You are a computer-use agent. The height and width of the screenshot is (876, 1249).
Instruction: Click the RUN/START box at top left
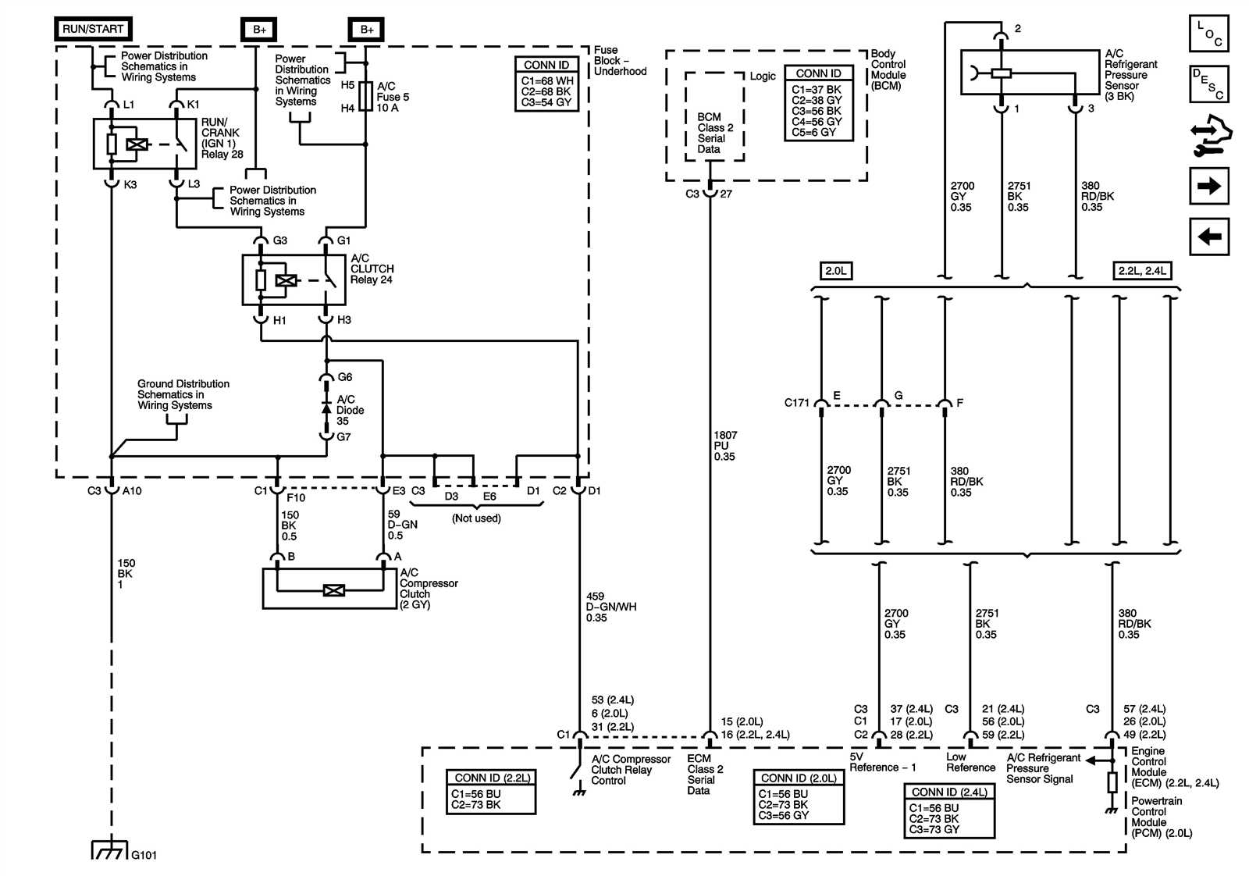(93, 29)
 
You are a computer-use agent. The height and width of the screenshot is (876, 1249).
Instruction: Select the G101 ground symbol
(110, 849)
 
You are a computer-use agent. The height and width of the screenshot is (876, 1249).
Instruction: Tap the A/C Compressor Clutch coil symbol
(333, 590)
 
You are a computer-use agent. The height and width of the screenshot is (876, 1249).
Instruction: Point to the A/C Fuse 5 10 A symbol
(365, 97)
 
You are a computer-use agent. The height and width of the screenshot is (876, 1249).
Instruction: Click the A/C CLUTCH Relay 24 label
(372, 269)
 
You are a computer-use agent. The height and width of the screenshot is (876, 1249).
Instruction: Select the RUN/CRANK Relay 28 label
(222, 138)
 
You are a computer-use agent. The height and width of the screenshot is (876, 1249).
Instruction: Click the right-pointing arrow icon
(1208, 186)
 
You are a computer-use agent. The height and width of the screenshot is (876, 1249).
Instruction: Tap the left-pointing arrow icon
(1208, 236)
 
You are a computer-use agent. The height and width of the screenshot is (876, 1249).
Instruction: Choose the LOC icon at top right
(1208, 34)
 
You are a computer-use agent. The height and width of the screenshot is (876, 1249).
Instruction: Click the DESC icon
(1208, 84)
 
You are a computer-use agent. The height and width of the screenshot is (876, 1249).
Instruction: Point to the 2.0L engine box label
(835, 271)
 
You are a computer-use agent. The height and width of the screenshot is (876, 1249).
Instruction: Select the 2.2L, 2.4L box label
(1141, 271)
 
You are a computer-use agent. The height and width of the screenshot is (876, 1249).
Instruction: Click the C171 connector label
(796, 403)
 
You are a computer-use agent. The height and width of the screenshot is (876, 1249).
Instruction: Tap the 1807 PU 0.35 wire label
(724, 446)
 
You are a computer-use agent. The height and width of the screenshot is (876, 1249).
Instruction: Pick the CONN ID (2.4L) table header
(949, 792)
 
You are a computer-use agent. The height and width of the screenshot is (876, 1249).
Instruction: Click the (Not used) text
(476, 518)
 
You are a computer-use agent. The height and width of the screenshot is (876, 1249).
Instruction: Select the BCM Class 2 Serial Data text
(714, 133)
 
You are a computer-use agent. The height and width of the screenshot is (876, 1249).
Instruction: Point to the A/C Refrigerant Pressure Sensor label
(1130, 75)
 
